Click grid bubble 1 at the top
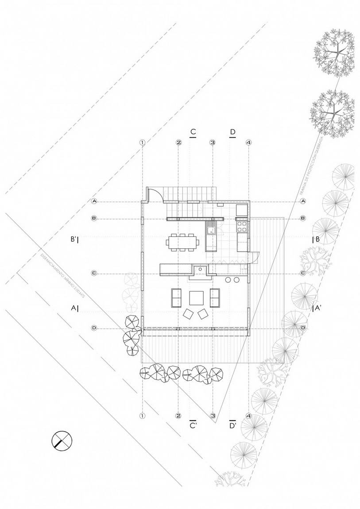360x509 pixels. [142, 143]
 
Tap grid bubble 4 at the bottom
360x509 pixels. [248, 416]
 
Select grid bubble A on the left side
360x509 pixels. [94, 201]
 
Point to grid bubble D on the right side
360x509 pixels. [303, 328]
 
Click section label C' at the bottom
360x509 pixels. [193, 425]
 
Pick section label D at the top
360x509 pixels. [233, 132]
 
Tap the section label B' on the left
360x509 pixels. [74, 239]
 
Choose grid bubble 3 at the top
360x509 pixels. [213, 143]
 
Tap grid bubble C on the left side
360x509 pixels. [94, 273]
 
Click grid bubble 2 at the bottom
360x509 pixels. [178, 416]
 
